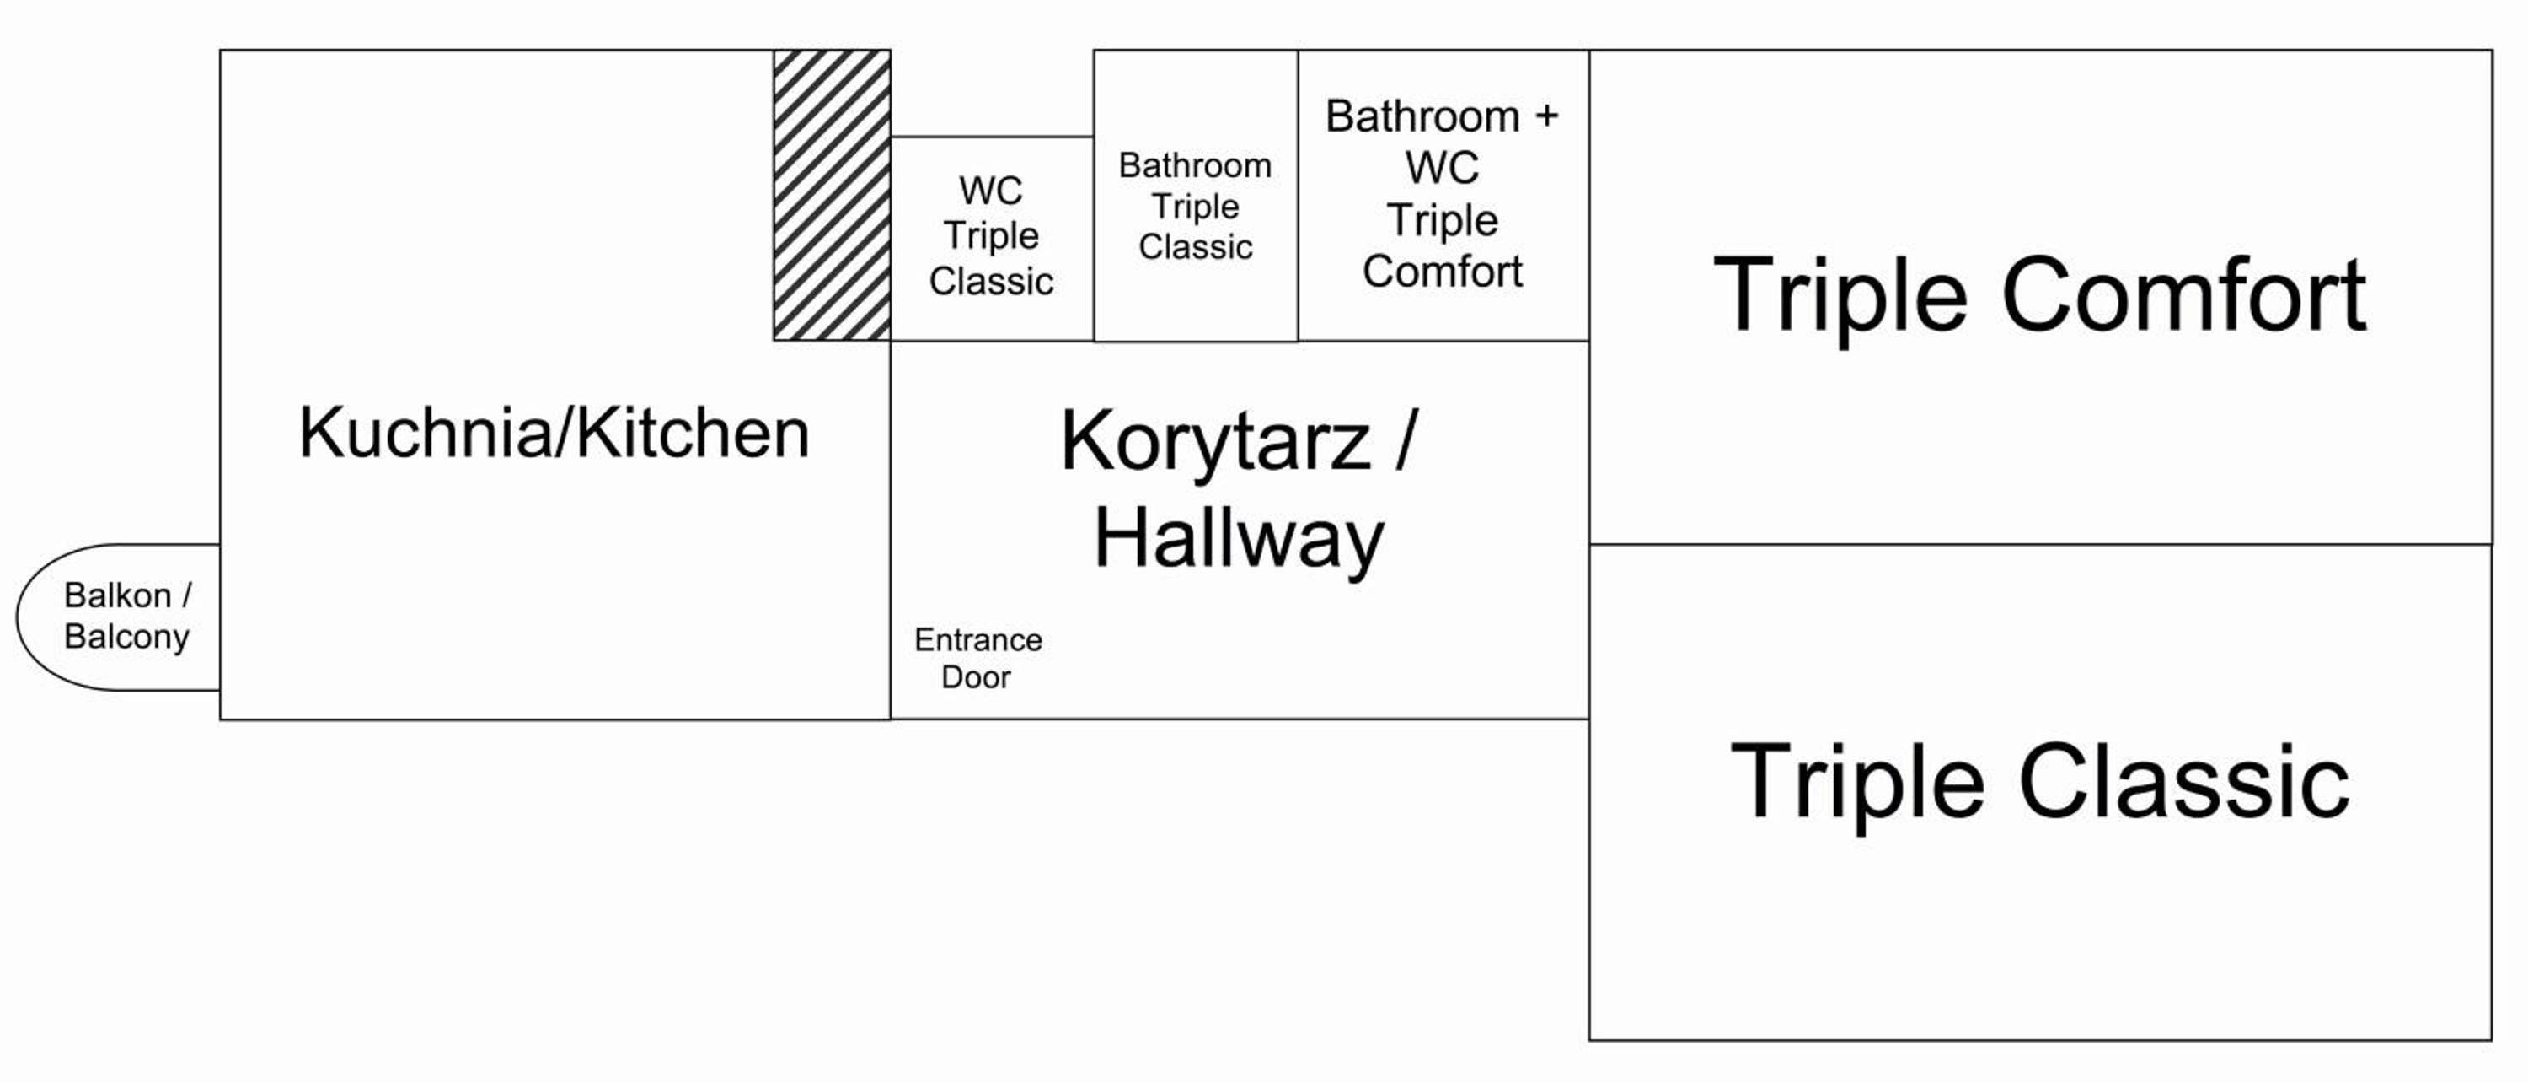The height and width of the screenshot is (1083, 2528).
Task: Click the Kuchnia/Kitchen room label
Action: click(554, 433)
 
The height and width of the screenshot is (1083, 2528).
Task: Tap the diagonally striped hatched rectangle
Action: click(833, 196)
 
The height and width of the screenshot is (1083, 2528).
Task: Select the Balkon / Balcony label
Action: click(127, 616)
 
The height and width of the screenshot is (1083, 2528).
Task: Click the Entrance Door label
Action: click(977, 658)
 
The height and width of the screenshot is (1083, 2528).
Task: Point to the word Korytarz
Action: click(1215, 443)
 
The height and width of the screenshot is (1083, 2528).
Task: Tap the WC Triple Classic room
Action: click(992, 239)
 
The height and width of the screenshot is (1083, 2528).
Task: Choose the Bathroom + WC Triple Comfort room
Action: click(1443, 196)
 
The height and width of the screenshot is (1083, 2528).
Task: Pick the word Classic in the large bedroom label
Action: click(2184, 782)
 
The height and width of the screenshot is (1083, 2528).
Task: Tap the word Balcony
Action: click(126, 637)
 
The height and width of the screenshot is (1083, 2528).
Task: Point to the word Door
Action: click(977, 676)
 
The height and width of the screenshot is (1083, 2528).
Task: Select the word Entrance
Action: click(978, 640)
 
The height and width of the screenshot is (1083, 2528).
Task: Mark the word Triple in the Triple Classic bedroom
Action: click(1858, 782)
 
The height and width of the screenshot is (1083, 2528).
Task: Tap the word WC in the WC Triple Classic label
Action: click(991, 190)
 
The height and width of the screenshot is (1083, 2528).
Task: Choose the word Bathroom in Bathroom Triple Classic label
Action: click(1195, 165)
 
